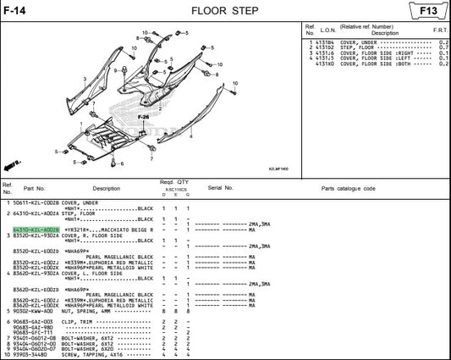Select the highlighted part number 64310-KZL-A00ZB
tap(35, 230)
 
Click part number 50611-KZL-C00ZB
tap(35, 203)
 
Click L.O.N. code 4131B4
tap(326, 42)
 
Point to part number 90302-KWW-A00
tap(35, 311)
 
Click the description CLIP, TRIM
tap(80, 322)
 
